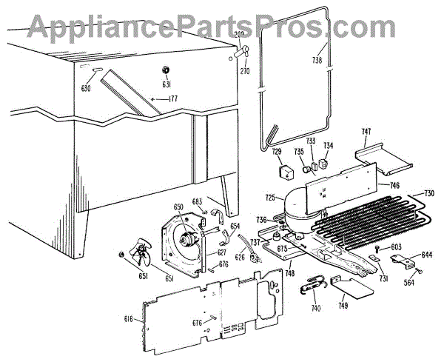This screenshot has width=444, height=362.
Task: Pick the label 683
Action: pos(197,201)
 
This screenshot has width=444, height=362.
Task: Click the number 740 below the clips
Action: pos(317,307)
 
